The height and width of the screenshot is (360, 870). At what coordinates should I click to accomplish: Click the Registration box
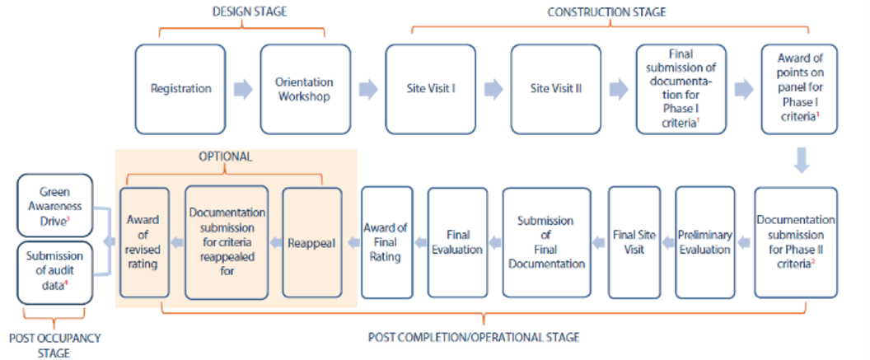pyautogui.click(x=180, y=89)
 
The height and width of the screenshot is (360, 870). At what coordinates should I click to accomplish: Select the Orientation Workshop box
pyautogui.click(x=305, y=89)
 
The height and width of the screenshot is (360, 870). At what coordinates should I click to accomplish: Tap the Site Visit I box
pyautogui.click(x=430, y=89)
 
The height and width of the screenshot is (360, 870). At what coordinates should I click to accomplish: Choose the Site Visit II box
pyautogui.click(x=554, y=89)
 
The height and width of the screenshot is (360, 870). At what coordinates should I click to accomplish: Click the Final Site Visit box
pyautogui.click(x=634, y=242)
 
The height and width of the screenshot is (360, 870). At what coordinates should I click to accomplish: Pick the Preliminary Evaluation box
pyautogui.click(x=704, y=242)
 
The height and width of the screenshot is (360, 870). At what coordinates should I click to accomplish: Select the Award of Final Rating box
pyautogui.click(x=387, y=242)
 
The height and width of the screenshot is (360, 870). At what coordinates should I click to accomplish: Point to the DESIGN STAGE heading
pyautogui.click(x=244, y=12)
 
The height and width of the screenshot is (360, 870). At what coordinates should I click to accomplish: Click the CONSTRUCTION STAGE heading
pyautogui.click(x=606, y=12)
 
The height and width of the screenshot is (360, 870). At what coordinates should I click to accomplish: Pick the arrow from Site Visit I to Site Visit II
pyautogui.click(x=493, y=89)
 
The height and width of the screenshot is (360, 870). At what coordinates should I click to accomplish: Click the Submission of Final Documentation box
pyautogui.click(x=546, y=242)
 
